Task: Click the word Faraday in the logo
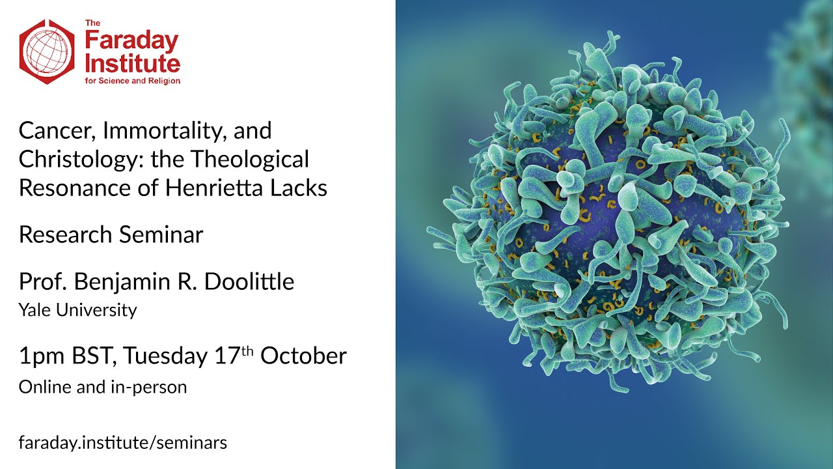point(131,42)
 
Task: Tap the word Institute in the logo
point(133,64)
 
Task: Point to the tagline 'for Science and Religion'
point(133,81)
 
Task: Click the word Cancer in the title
point(51,131)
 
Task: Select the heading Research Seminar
point(111,234)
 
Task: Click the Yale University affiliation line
point(77,310)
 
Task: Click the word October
point(304,356)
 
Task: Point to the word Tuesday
point(166,356)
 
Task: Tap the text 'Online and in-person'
point(102,386)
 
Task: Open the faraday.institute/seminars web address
point(122,443)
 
